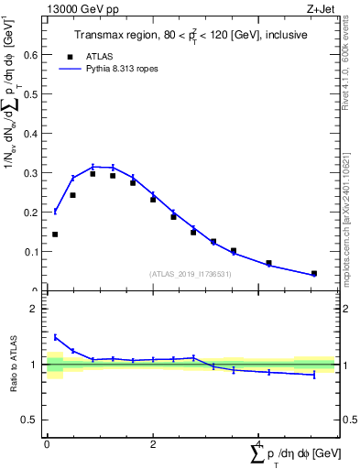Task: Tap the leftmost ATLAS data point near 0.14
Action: pyautogui.click(x=55, y=234)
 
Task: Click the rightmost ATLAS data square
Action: pyautogui.click(x=314, y=273)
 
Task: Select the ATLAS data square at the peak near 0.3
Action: pyautogui.click(x=93, y=173)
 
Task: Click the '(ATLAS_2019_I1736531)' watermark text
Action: pyautogui.click(x=191, y=274)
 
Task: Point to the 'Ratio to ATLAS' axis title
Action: pyautogui.click(x=12, y=364)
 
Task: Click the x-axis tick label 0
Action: pyautogui.click(x=47, y=442)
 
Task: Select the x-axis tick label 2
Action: pyautogui.click(x=153, y=442)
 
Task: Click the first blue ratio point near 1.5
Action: pyautogui.click(x=55, y=336)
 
